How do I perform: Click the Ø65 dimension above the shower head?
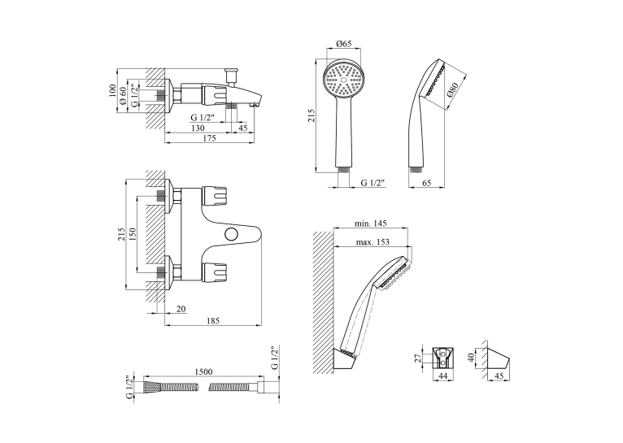pyautogui.click(x=344, y=44)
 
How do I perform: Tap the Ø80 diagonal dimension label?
pyautogui.click(x=452, y=89)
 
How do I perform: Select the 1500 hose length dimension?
pyautogui.click(x=203, y=371)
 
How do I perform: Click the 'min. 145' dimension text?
pyautogui.click(x=370, y=224)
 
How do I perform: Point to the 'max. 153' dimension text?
pyautogui.click(x=372, y=241)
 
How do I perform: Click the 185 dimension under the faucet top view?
pyautogui.click(x=212, y=321)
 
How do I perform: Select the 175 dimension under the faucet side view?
pyautogui.click(x=209, y=138)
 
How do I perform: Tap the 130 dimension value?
pyautogui.click(x=198, y=128)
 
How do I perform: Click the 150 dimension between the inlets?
pyautogui.click(x=133, y=234)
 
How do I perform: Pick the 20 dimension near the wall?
pyautogui.click(x=181, y=309)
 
